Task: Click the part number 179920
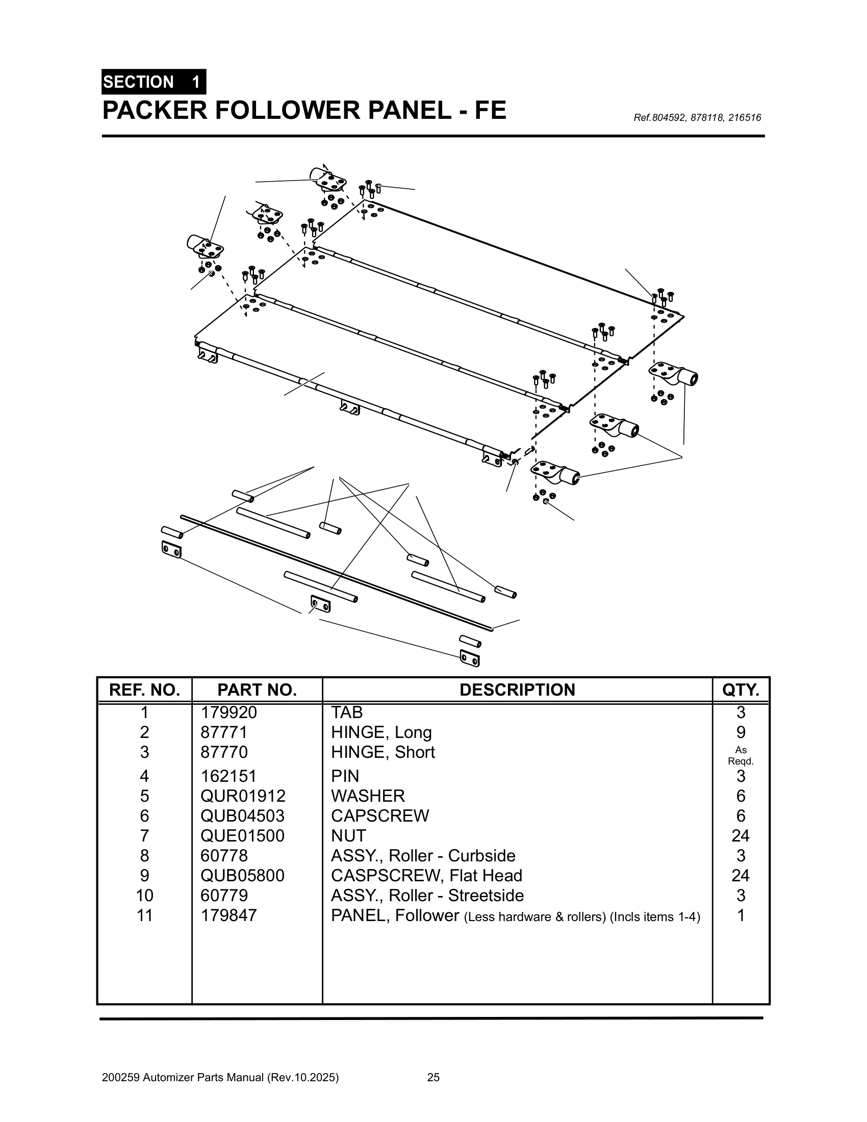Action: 228,712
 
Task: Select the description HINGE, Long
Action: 381,732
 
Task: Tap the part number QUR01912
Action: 242,796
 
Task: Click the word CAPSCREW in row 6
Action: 379,815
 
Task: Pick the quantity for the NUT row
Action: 740,836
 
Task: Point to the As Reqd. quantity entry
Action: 741,756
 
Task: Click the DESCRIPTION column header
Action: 517,690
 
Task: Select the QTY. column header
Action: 740,690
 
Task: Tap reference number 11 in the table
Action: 144,915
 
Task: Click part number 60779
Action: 224,896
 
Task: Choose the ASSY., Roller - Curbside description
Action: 423,855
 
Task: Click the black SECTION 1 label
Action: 153,82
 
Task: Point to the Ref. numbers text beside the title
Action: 697,118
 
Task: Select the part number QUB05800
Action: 242,875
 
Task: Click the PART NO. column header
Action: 257,690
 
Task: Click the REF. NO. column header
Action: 144,690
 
